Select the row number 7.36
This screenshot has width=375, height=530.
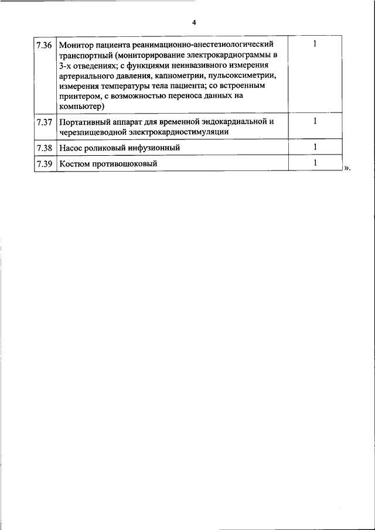point(44,45)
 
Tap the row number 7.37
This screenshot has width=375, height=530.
point(44,122)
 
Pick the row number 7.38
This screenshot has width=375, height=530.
point(44,148)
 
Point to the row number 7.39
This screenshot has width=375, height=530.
point(44,164)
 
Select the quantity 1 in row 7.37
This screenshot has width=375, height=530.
point(315,121)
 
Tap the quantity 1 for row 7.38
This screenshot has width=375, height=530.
point(315,147)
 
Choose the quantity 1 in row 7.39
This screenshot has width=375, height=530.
point(315,163)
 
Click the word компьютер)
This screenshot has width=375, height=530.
point(81,106)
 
